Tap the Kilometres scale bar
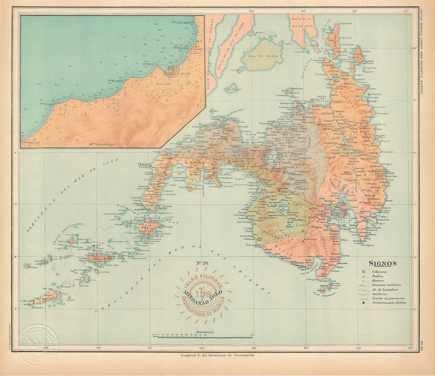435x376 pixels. pos(203,335)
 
